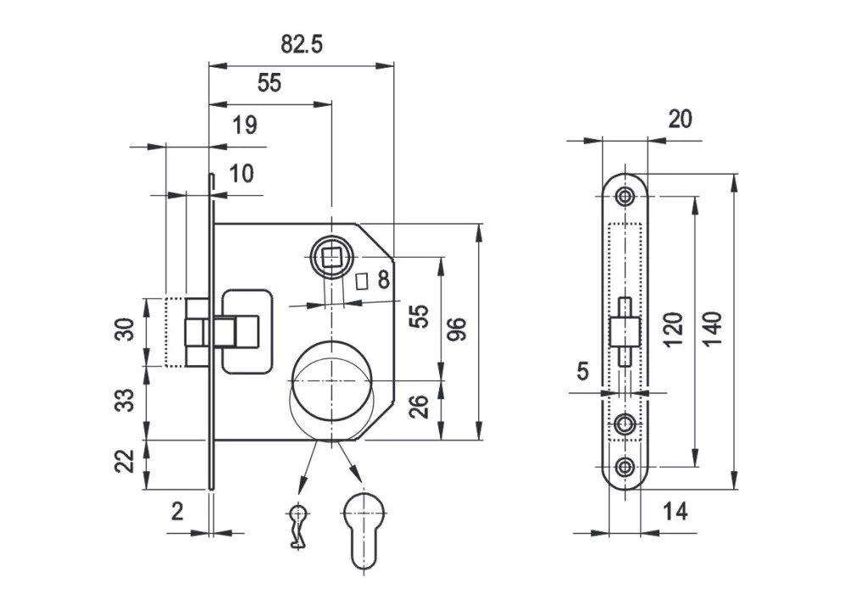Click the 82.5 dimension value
(x=303, y=45)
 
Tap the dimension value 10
(x=242, y=174)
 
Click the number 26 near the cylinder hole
(x=419, y=407)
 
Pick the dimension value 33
(x=125, y=399)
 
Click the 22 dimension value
(x=125, y=462)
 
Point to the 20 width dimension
(x=680, y=119)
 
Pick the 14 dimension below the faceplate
(x=675, y=511)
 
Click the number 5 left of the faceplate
(x=581, y=370)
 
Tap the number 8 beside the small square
(x=383, y=280)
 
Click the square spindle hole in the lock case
(x=331, y=255)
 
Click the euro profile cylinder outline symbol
(x=364, y=530)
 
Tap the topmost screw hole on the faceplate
(x=626, y=197)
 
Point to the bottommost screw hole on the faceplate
(x=626, y=465)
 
